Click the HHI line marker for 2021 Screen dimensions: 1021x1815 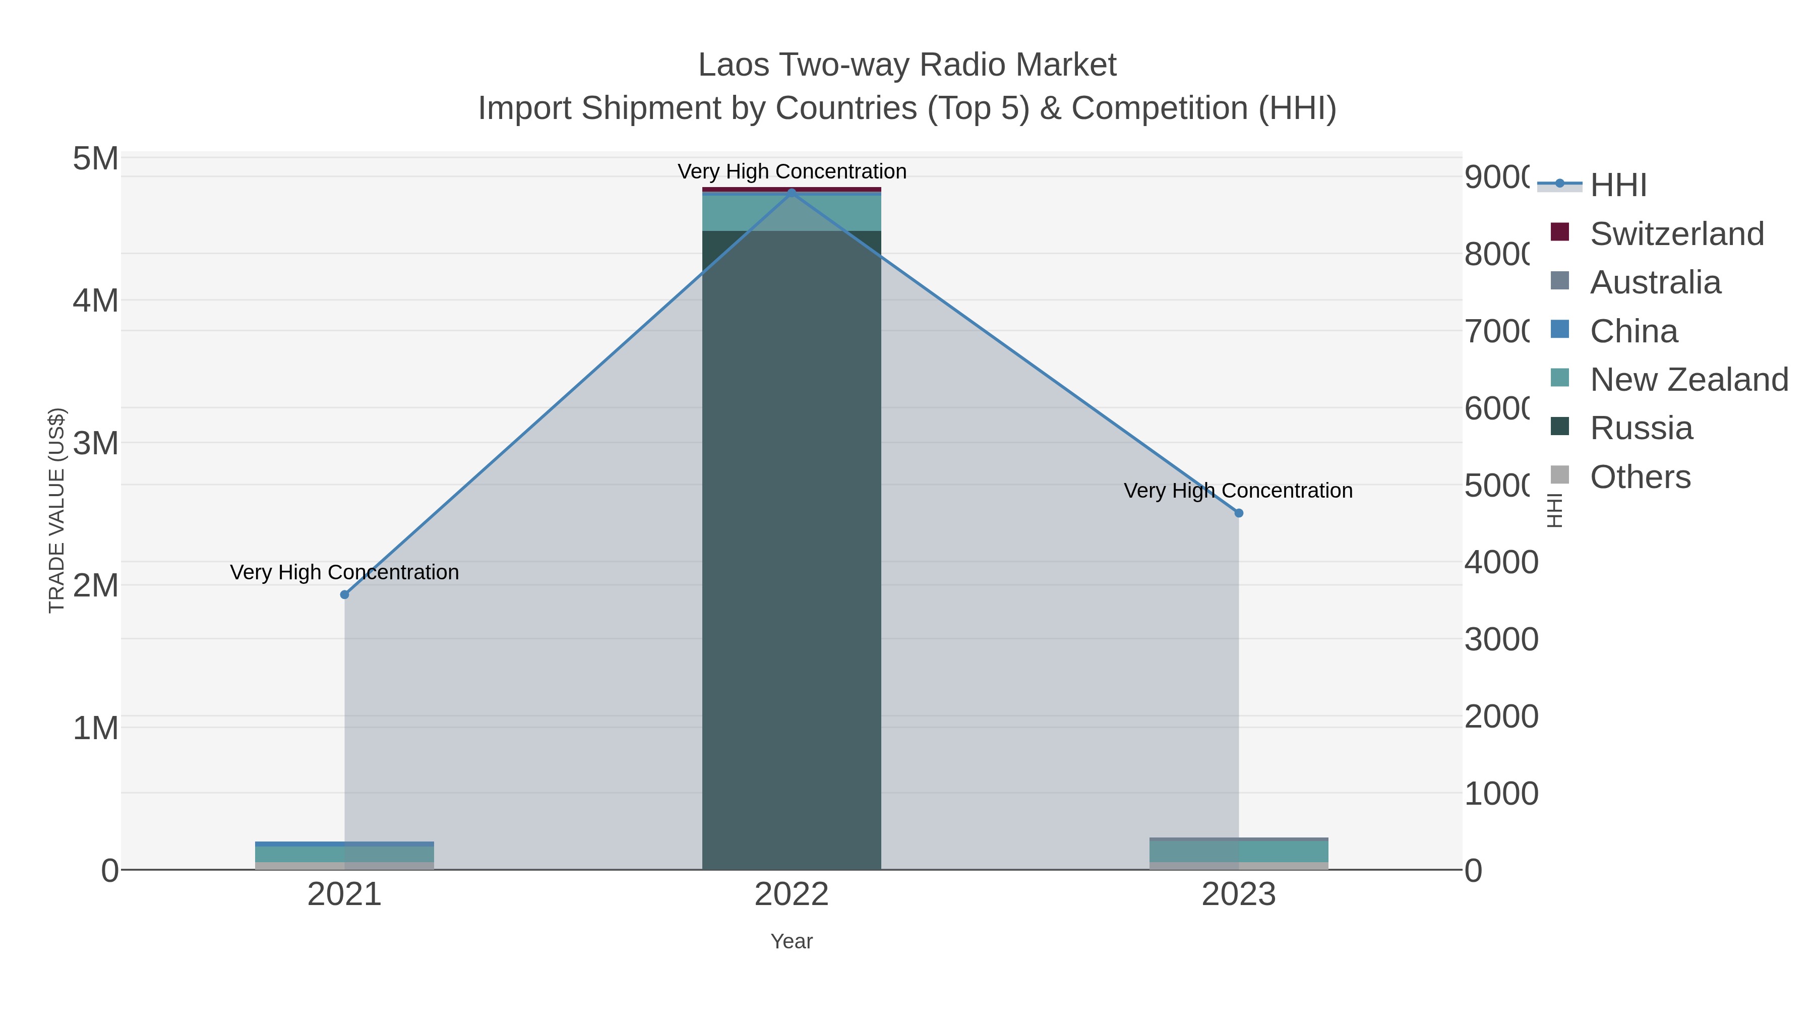coord(344,595)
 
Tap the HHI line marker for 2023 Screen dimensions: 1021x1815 coord(1239,513)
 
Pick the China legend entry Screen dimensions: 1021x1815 coord(1633,331)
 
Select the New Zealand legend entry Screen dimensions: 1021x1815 coord(1688,380)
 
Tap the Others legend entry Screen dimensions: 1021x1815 coord(1640,477)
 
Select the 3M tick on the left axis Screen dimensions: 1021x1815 coord(96,443)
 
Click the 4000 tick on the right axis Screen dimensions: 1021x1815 coord(1501,562)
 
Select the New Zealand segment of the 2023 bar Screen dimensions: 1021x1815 coord(1239,851)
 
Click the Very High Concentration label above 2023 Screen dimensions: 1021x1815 coord(1238,491)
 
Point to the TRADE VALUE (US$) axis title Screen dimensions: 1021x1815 coord(56,510)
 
